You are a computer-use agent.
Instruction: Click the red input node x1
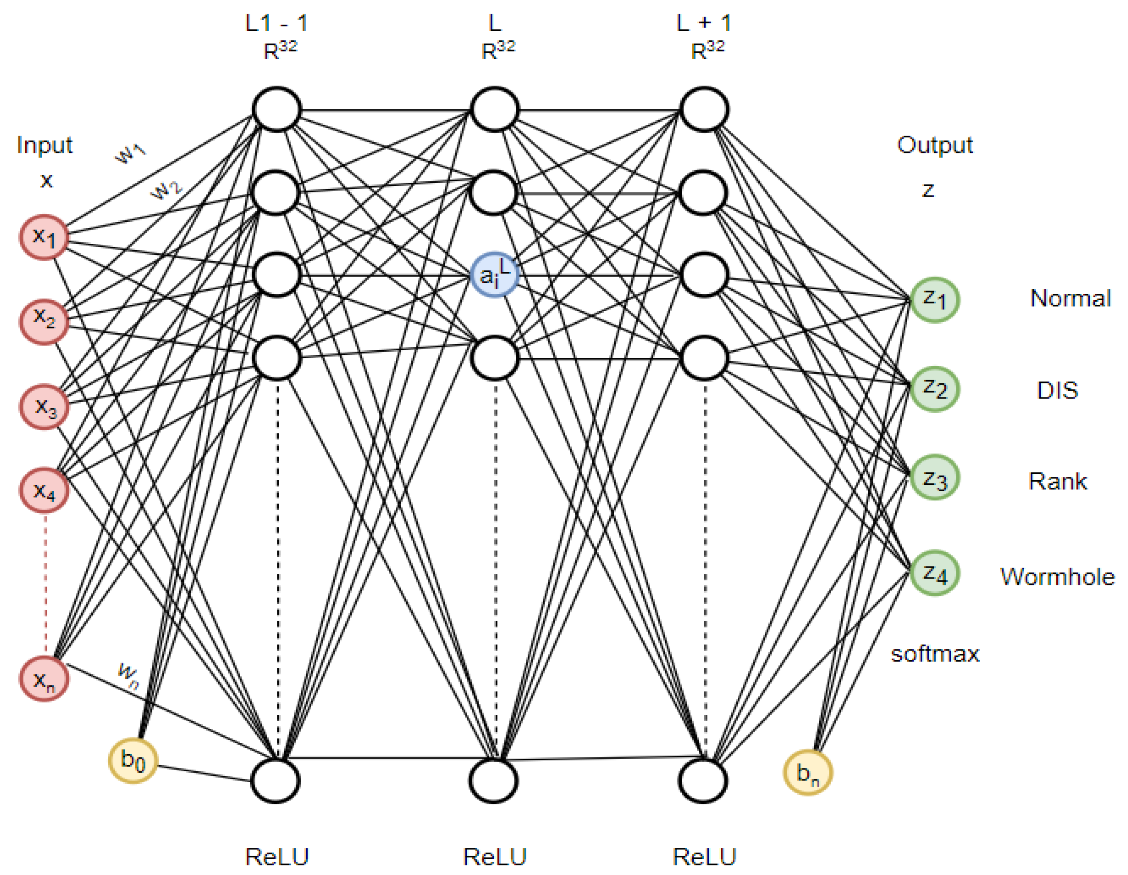[45, 237]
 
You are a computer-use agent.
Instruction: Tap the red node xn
[45, 679]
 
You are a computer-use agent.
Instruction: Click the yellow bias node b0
[133, 760]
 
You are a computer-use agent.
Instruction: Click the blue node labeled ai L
[494, 275]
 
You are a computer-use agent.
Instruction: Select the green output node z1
[934, 300]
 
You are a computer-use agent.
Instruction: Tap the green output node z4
[934, 573]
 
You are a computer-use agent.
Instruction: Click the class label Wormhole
[1057, 577]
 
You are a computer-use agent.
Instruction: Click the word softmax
[935, 654]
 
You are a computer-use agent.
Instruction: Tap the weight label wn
[128, 676]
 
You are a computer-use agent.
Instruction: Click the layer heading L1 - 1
[277, 23]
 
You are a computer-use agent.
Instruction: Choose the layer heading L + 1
[703, 23]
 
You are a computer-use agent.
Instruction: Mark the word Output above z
[935, 145]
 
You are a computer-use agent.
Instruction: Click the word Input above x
[45, 145]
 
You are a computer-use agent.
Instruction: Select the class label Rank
[1057, 482]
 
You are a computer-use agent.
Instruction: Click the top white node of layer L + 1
[704, 109]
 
